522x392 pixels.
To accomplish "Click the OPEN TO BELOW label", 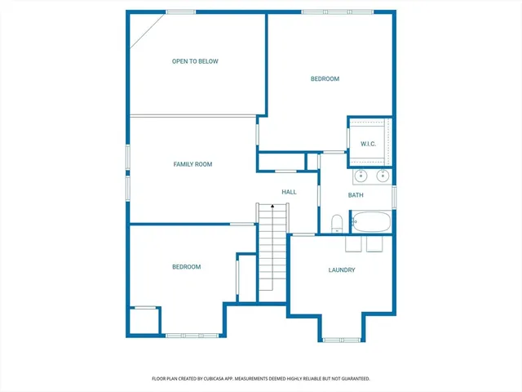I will [x=195, y=61].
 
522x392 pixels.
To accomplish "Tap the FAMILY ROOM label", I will [x=192, y=164].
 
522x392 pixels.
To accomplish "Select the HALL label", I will [x=289, y=192].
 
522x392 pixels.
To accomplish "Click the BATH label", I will [x=356, y=195].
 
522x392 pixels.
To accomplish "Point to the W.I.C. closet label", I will [x=368, y=145].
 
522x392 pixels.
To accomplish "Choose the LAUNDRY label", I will [x=342, y=270].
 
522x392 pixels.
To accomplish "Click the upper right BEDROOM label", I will [x=325, y=79].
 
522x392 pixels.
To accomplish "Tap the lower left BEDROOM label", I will [x=186, y=267].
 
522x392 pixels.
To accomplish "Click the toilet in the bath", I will [x=336, y=223].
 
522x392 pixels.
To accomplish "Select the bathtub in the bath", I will [x=371, y=221].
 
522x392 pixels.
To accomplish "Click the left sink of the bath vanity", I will [x=361, y=175].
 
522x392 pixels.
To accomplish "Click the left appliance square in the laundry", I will [x=354, y=245].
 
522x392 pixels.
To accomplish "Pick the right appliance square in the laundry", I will [x=374, y=245].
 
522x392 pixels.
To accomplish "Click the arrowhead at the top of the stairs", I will [x=272, y=207].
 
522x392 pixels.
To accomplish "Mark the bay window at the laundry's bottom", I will [x=342, y=339].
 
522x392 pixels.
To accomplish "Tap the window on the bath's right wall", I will [x=394, y=197].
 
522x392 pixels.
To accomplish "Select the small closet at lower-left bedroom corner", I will [x=144, y=321].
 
